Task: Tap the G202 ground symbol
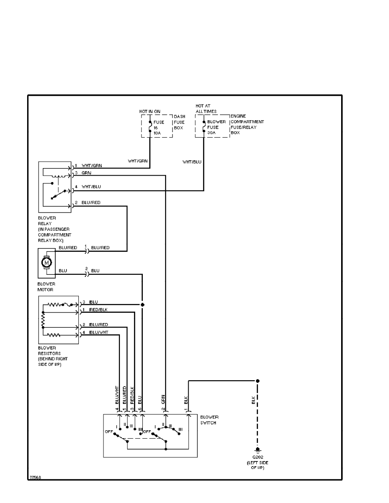(x=257, y=450)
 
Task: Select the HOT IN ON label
(x=150, y=111)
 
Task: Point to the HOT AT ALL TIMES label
(x=206, y=108)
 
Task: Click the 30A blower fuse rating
(x=212, y=133)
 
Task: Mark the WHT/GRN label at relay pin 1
(x=92, y=165)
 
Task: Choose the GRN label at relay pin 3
(x=86, y=173)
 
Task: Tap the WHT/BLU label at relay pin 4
(x=91, y=187)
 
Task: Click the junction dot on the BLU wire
(x=142, y=304)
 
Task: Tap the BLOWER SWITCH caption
(x=210, y=420)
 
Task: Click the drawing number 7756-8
(x=35, y=477)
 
